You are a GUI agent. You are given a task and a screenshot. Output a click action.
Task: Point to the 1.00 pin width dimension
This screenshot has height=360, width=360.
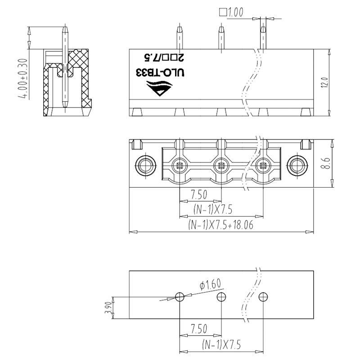point(235,13)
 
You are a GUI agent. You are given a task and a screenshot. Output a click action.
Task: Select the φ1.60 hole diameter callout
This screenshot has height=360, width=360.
point(210,284)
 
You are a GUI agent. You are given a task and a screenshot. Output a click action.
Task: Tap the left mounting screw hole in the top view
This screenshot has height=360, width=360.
point(145,165)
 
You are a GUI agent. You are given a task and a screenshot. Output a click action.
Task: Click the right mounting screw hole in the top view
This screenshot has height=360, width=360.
point(297,165)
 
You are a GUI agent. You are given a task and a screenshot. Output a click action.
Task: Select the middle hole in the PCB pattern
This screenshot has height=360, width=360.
point(221,297)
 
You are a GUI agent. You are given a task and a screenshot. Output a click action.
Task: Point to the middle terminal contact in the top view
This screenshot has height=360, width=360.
point(221,166)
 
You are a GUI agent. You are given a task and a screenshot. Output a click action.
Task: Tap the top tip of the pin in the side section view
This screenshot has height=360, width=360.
point(65,28)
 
